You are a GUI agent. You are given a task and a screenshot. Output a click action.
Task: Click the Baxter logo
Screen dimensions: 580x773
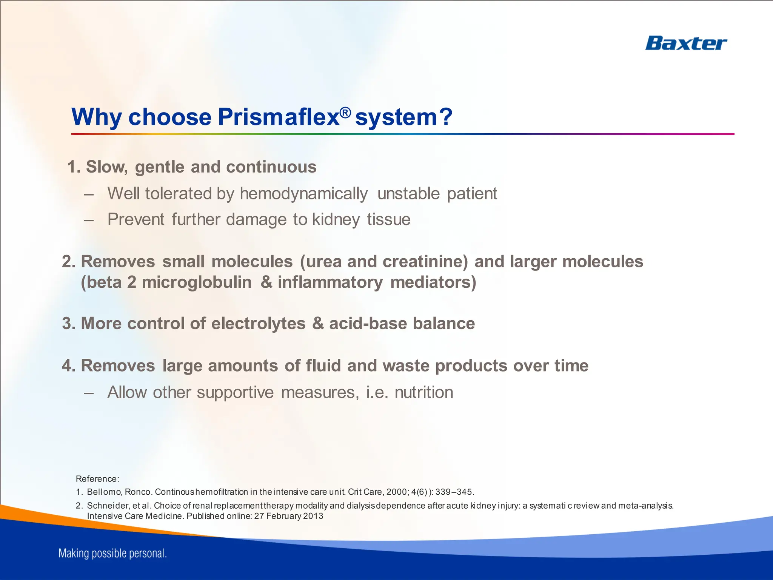click(x=685, y=43)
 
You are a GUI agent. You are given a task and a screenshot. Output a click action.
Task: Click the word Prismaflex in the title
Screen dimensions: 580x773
click(x=279, y=117)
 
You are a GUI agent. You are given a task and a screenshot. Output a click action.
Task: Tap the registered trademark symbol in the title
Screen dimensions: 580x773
click(x=345, y=112)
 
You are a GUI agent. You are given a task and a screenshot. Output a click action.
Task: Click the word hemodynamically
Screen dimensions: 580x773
click(x=303, y=194)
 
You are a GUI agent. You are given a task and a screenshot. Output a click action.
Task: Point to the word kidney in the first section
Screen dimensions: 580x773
click(x=336, y=219)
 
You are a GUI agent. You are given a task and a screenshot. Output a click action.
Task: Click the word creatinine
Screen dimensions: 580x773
click(x=425, y=262)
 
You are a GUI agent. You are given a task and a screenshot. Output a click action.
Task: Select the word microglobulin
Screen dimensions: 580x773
click(x=196, y=282)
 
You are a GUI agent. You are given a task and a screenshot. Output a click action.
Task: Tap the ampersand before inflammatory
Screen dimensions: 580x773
click(x=266, y=282)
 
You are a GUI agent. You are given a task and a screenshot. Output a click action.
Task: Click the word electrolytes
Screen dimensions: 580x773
click(x=258, y=324)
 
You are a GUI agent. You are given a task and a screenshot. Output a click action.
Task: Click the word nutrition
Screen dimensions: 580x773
click(x=423, y=392)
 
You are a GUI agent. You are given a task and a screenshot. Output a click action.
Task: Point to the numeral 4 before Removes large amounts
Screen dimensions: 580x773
click(x=67, y=366)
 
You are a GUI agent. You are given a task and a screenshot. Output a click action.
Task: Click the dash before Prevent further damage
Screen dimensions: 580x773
click(x=89, y=220)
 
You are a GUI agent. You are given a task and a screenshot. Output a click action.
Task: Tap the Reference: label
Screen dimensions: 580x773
click(x=97, y=479)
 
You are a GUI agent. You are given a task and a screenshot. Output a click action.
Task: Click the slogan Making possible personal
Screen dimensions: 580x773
click(x=112, y=554)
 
